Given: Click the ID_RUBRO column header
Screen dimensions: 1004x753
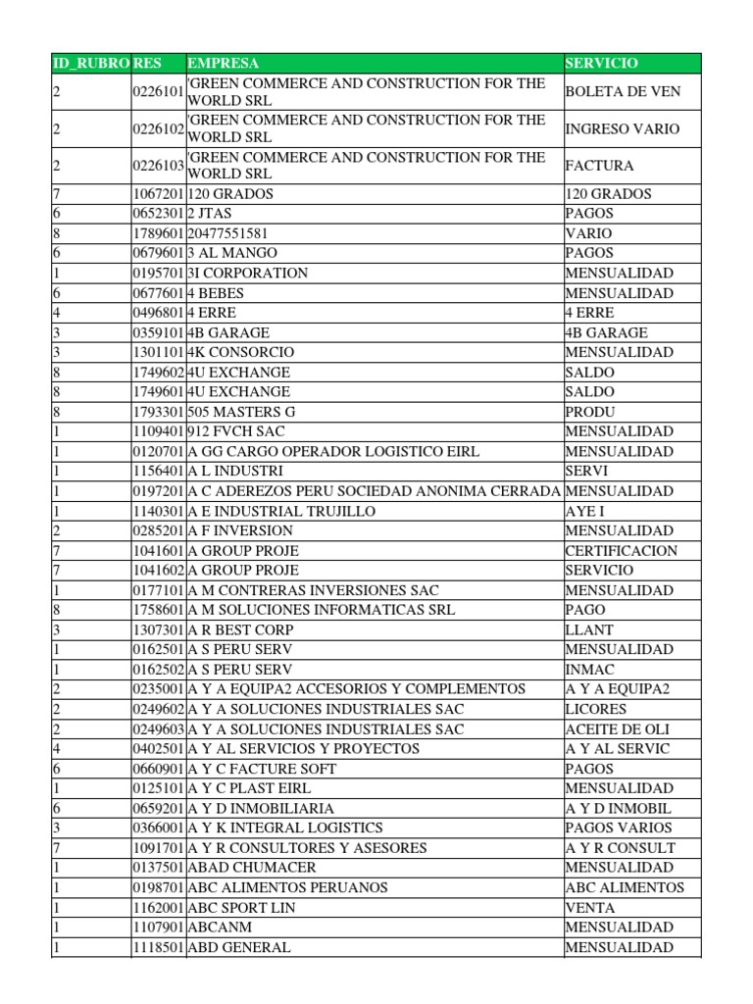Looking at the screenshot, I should pos(90,63).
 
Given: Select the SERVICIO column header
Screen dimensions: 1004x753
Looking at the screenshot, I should pos(601,63).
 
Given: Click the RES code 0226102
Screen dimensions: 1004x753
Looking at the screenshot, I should pos(158,128).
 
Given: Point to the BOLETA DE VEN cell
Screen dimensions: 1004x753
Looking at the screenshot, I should pos(623,91).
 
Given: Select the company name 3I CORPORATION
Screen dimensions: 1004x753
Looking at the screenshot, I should pos(248,273).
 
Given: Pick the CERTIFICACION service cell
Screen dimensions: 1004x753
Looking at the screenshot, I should pos(621,550).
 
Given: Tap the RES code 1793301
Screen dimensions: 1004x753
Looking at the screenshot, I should pos(158,412).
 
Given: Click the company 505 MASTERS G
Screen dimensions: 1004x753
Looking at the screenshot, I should pos(241,412).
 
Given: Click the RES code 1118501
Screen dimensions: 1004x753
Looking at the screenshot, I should pos(158,947).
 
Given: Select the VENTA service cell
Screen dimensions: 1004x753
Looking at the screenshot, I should pos(590,908).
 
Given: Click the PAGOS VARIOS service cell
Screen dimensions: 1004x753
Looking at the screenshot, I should pos(619,828).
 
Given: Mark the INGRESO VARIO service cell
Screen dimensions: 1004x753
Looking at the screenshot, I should pos(622,128).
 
